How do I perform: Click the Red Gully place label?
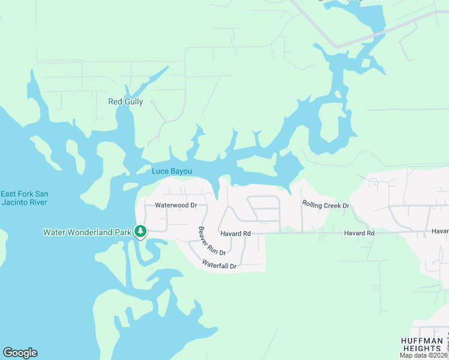coord(125,101)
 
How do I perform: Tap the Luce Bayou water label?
coord(172,171)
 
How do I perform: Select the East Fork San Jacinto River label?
coord(25,197)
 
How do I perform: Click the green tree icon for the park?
coord(140,231)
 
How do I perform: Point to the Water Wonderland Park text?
coord(86,232)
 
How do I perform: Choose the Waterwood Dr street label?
coord(176,205)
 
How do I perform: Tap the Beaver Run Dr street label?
coord(212,241)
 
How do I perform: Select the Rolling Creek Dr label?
coord(325,205)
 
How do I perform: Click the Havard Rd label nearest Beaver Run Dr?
coord(234,233)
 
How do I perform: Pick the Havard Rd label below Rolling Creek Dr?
coord(359,233)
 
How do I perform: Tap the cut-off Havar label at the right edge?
coord(440,231)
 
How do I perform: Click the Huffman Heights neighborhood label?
coord(422,344)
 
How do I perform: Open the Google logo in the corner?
coord(20,353)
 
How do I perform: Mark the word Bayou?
coord(181,171)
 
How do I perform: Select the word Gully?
coord(134,101)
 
